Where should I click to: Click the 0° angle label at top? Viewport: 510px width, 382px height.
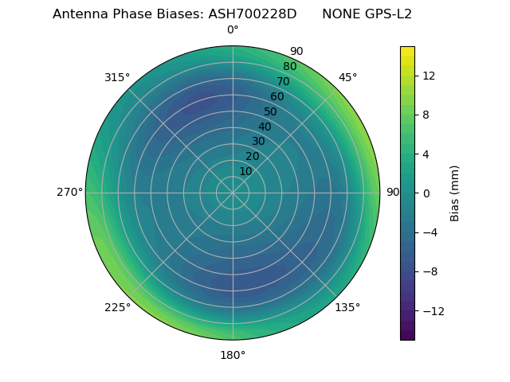point(233,30)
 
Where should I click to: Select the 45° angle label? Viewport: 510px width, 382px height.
point(347,77)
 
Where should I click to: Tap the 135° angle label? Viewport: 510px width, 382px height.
point(347,307)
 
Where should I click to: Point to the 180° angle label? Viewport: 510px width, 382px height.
point(233,355)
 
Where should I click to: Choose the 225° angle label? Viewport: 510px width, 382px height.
point(117,307)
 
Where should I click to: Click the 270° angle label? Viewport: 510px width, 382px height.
point(70,193)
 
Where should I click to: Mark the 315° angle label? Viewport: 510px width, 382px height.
point(117,77)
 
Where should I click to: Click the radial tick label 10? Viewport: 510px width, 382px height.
point(245,171)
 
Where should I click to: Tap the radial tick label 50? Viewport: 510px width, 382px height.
point(271,111)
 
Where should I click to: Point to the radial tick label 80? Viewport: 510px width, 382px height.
point(290,66)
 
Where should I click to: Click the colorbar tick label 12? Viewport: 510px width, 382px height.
point(428,76)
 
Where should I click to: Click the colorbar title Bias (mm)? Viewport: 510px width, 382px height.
point(455,193)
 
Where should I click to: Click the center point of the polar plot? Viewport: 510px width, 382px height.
point(233,193)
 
